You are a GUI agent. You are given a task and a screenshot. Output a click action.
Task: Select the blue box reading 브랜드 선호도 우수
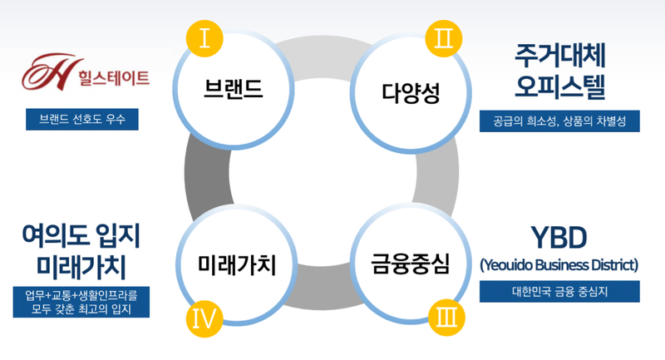coord(81,119)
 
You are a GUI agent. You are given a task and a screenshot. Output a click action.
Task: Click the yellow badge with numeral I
coord(204,37)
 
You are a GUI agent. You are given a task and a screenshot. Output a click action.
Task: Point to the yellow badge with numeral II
coord(440,37)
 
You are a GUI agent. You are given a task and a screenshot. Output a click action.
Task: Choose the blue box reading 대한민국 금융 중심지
coord(559,291)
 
